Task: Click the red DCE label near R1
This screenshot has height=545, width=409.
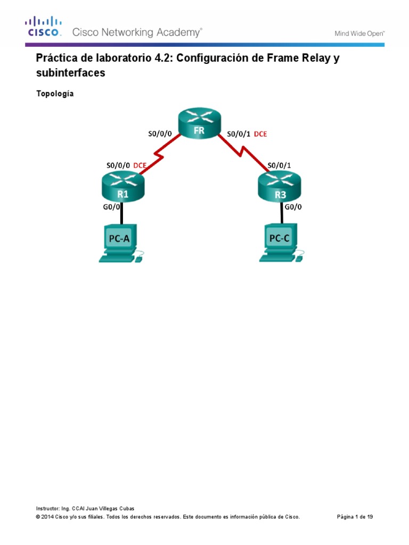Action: [x=140, y=166]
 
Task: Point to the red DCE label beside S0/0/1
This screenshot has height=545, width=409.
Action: [x=260, y=134]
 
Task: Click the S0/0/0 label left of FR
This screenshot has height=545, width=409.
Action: [x=160, y=134]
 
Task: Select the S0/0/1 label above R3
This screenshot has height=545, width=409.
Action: [x=280, y=165]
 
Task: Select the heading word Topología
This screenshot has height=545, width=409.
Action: [x=55, y=94]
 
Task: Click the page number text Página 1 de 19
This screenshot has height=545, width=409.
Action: [x=355, y=517]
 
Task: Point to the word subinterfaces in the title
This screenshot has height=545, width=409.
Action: [x=70, y=73]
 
